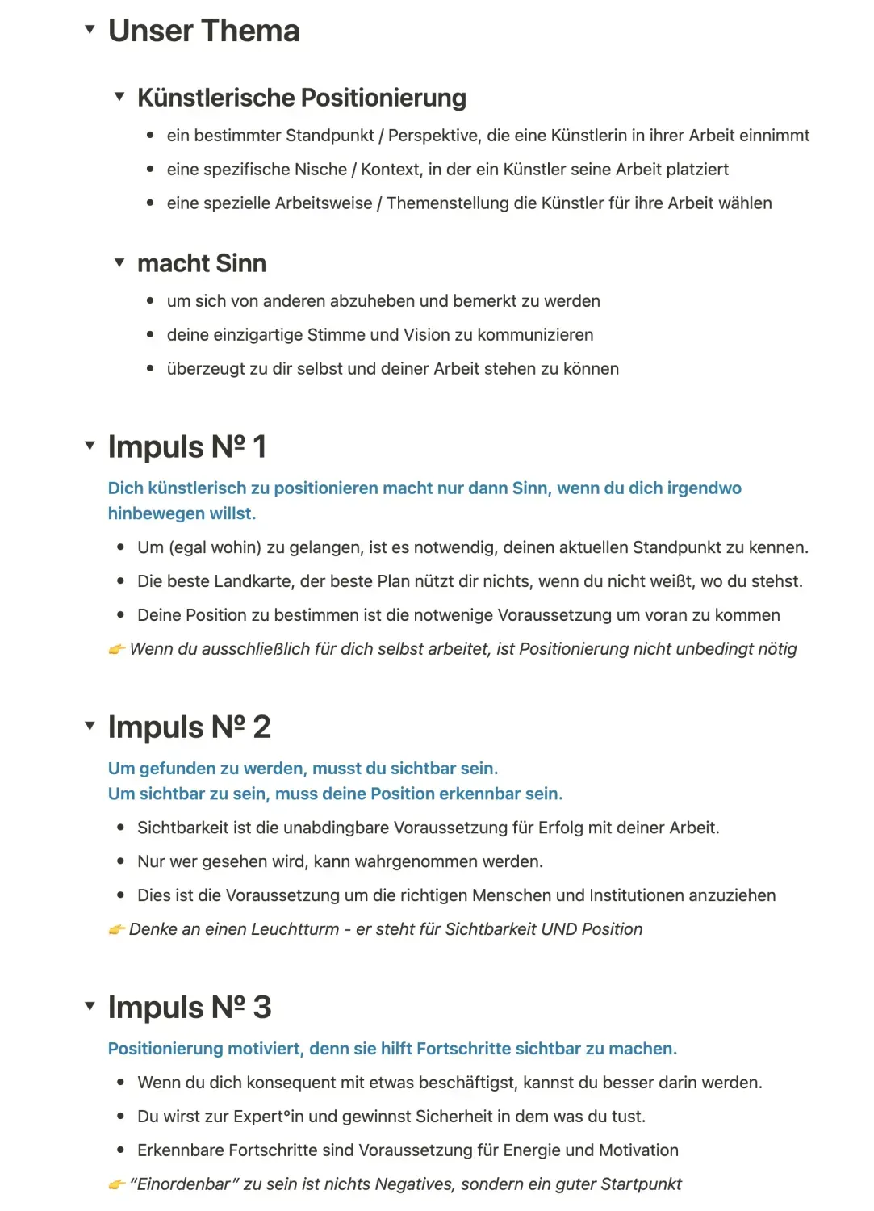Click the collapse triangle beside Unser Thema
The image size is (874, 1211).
[90, 30]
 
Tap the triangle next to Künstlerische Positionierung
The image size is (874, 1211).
[119, 97]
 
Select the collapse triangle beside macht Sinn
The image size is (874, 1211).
[119, 262]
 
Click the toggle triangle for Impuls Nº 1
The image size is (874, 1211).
[90, 446]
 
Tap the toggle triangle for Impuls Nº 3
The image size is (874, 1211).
[90, 1006]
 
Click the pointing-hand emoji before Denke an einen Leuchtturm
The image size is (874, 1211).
[117, 929]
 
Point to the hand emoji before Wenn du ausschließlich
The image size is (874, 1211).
[117, 649]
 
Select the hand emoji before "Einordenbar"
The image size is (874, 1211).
[117, 1184]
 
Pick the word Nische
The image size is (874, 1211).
[320, 170]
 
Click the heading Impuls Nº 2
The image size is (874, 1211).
[189, 727]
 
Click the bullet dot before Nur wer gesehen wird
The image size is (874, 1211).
[120, 861]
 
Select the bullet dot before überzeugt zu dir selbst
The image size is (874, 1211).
[150, 369]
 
